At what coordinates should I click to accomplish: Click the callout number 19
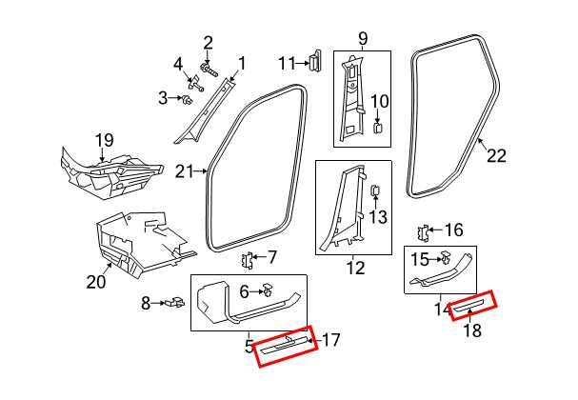[x=104, y=142]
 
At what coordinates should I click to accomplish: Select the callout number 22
[x=496, y=158]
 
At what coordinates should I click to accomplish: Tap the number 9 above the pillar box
[x=362, y=40]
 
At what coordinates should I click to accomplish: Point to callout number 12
[x=354, y=268]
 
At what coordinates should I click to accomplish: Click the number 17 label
[x=330, y=339]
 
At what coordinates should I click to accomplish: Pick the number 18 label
[x=471, y=332]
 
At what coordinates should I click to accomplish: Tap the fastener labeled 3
[x=190, y=97]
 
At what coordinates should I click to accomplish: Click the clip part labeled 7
[x=249, y=258]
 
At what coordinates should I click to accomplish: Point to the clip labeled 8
[x=174, y=304]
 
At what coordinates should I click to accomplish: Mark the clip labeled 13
[x=373, y=193]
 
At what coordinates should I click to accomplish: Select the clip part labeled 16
[x=427, y=231]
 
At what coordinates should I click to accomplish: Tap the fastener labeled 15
[x=444, y=258]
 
